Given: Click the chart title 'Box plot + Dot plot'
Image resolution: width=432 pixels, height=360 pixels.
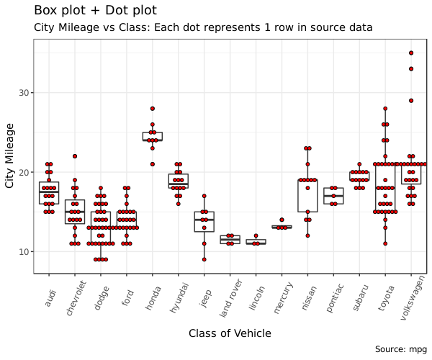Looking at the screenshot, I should tap(95, 11).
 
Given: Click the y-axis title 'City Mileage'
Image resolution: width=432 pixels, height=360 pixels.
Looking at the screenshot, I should tap(10, 156).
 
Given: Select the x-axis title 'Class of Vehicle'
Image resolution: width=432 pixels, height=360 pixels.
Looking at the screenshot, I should tap(230, 333).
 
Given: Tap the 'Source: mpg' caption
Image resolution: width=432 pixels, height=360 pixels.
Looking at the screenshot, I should tap(401, 349).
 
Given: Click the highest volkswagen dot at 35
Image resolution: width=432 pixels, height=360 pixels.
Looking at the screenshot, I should tap(411, 53).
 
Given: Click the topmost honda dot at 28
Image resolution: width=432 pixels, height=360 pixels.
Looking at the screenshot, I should tap(153, 109).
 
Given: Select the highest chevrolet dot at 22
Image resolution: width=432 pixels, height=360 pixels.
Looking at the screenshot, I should tap(75, 156).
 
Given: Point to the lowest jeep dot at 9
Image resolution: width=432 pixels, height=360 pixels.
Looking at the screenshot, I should tap(204, 259).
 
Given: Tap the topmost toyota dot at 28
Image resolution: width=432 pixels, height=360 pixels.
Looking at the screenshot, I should tap(385, 109).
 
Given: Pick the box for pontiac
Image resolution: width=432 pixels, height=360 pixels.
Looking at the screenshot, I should tap(333, 196).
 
